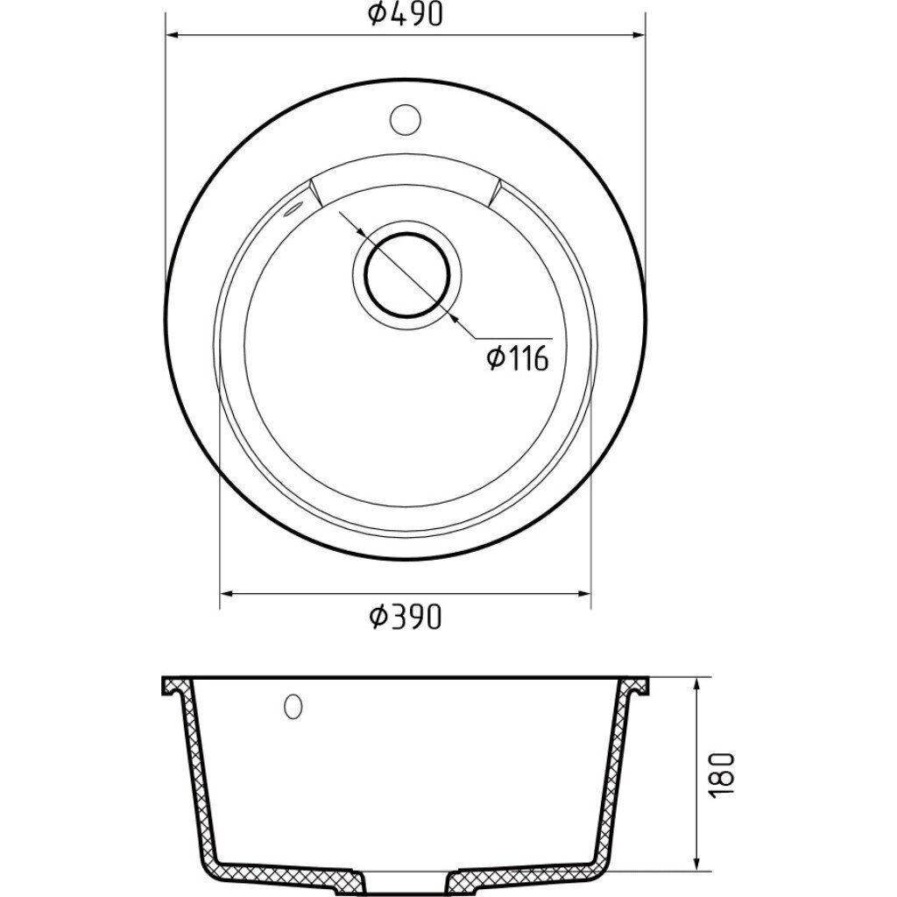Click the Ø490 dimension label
[x=406, y=15]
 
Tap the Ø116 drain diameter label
[x=518, y=358]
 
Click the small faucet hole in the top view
[x=406, y=119]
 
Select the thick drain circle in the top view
[x=408, y=274]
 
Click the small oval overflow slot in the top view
[x=291, y=208]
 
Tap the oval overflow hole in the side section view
[x=293, y=706]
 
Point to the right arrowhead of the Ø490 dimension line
[x=638, y=35]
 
